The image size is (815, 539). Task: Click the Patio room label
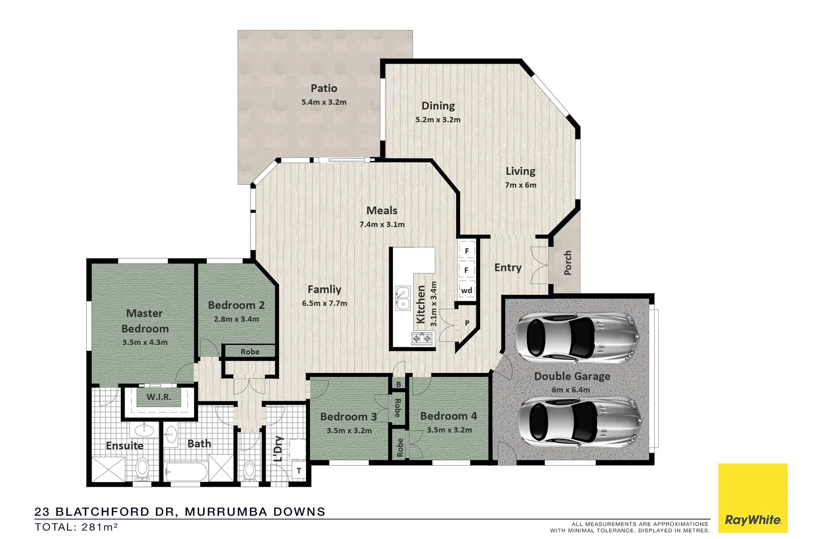(324, 88)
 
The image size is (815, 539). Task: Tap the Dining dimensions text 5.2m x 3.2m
(438, 120)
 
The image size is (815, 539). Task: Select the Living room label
(520, 171)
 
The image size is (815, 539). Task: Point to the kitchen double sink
(402, 298)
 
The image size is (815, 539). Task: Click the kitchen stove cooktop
(422, 339)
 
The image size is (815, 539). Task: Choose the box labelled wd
(467, 290)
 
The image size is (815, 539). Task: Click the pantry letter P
(467, 323)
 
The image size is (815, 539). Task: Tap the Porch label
(567, 263)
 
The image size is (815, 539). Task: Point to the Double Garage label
(572, 376)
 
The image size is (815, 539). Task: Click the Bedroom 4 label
(448, 416)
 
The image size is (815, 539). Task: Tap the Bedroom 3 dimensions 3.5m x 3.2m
(349, 431)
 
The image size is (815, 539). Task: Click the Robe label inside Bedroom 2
(250, 352)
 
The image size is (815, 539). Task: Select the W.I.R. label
(159, 397)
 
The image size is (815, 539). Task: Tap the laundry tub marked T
(299, 471)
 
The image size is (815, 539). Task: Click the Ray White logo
(753, 500)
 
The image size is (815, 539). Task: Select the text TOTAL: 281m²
(76, 527)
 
